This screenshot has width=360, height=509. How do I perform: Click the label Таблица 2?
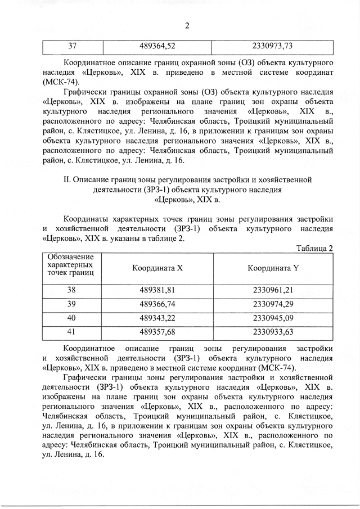coord(314,248)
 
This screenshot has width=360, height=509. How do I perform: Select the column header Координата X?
coord(157,268)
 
